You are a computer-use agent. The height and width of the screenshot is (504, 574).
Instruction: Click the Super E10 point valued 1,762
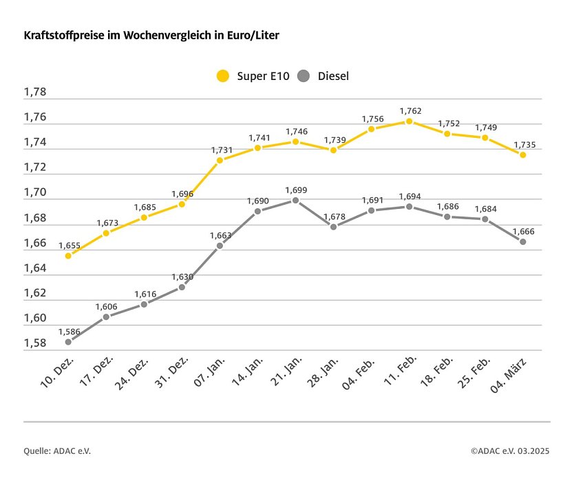(409, 121)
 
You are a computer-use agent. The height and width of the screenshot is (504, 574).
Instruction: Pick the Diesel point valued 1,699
(295, 201)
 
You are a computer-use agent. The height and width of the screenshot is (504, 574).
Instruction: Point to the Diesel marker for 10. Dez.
(68, 342)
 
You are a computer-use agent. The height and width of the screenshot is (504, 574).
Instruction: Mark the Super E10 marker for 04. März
(522, 155)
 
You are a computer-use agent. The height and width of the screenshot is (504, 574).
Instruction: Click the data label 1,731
(220, 150)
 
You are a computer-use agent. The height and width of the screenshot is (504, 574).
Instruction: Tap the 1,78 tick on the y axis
(35, 92)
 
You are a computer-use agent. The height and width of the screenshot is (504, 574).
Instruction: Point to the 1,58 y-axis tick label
(35, 343)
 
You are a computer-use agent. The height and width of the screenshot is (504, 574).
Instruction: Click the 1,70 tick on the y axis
(35, 193)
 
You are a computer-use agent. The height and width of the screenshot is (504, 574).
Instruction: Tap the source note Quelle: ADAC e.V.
(57, 451)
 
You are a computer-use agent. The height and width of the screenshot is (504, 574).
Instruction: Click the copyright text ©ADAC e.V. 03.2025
(510, 451)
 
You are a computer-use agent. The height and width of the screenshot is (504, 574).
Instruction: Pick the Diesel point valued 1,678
(333, 227)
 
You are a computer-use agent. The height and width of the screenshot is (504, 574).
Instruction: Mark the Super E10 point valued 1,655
(68, 256)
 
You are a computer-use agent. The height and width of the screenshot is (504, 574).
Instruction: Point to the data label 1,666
(522, 231)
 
